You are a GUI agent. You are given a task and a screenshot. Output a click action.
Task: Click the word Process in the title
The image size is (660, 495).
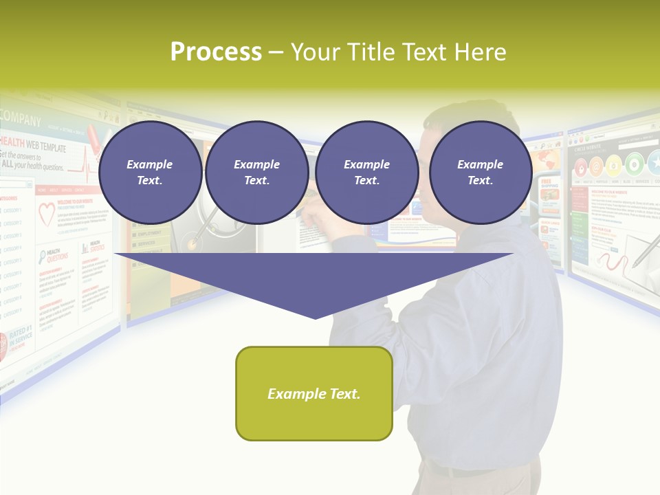[x=216, y=52]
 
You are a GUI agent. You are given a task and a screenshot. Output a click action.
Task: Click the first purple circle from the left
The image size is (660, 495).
[x=150, y=173]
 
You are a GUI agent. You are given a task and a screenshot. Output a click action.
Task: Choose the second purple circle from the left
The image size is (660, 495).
[x=256, y=173]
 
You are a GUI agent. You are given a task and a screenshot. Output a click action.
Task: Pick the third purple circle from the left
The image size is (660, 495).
[x=366, y=173]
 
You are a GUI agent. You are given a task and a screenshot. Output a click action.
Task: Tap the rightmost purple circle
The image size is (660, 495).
[x=480, y=173]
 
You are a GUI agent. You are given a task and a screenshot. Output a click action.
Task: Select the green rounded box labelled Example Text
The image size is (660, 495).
[x=313, y=393]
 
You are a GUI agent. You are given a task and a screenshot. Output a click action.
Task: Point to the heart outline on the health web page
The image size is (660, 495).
[x=46, y=214]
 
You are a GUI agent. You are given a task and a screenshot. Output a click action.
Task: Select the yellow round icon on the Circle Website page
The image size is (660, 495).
[x=614, y=166]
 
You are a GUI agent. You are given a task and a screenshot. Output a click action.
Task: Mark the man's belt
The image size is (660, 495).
[x=454, y=470]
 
